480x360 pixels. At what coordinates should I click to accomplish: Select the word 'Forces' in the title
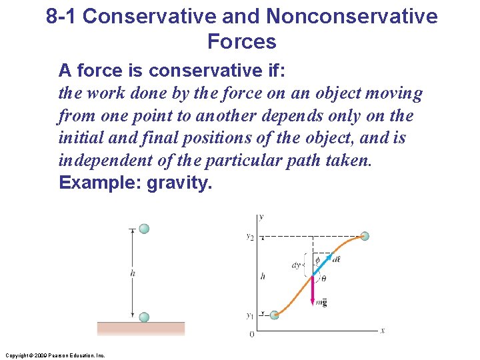(x=241, y=42)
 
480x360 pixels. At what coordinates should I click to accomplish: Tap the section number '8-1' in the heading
(x=62, y=16)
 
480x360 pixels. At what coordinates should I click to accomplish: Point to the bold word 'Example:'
(x=100, y=183)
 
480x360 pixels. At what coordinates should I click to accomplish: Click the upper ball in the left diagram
(x=144, y=229)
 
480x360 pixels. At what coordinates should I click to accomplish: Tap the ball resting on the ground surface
(x=144, y=317)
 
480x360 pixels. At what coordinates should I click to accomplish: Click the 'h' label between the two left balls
(x=134, y=273)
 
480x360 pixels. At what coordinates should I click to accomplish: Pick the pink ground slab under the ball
(x=141, y=329)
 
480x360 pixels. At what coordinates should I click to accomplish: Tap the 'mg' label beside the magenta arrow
(x=321, y=303)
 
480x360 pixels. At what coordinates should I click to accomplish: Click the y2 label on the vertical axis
(x=249, y=236)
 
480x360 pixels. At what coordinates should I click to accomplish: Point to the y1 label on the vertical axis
(x=249, y=315)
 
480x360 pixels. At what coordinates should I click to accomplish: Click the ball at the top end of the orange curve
(x=364, y=235)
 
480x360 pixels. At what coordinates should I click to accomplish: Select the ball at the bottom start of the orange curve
(x=274, y=315)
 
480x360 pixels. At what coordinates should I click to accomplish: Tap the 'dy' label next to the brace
(x=296, y=265)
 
